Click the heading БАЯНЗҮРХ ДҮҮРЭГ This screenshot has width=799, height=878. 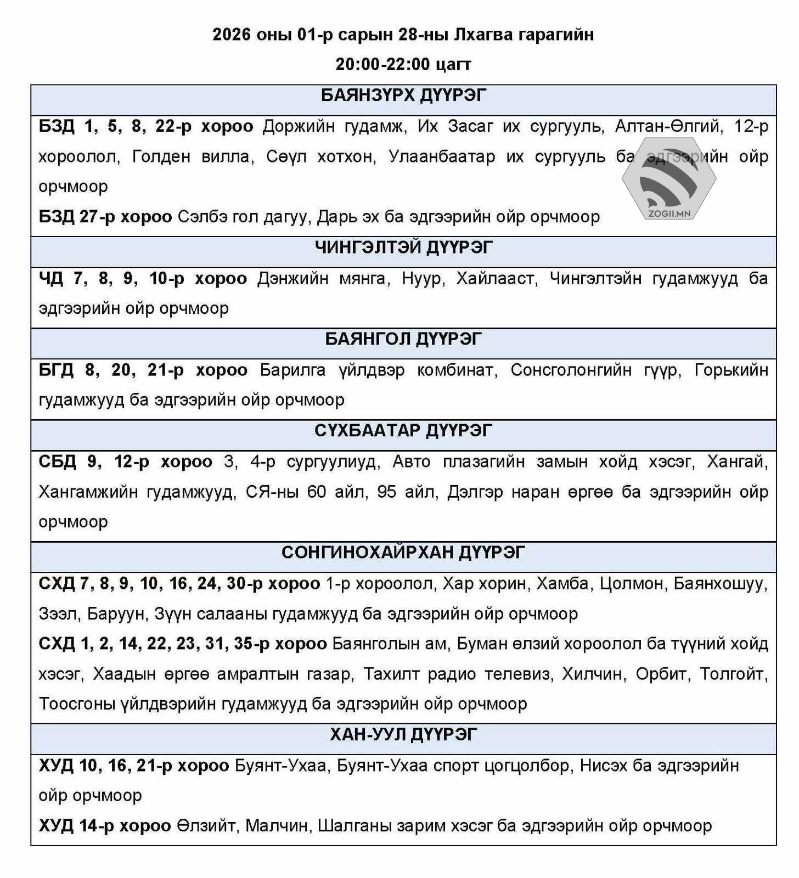[x=403, y=95]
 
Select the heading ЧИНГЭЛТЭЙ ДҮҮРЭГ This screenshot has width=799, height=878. [x=403, y=247]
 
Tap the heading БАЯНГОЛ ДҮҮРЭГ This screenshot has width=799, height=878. [x=403, y=339]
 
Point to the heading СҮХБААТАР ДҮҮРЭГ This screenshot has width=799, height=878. [x=403, y=431]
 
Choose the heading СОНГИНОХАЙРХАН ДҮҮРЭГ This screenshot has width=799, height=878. [x=403, y=553]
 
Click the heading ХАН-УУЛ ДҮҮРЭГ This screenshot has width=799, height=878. [x=403, y=735]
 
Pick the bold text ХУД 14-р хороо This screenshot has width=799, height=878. [x=104, y=826]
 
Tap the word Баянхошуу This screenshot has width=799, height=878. [x=719, y=583]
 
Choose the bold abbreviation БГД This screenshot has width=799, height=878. [x=56, y=370]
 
